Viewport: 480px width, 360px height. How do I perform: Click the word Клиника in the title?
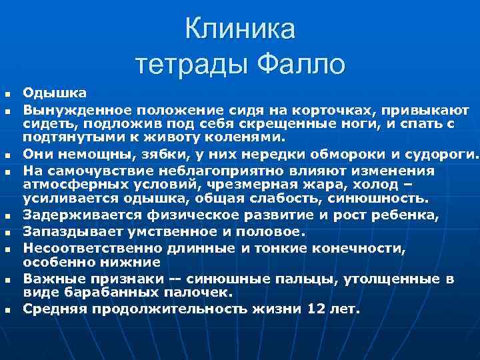[x=240, y=30]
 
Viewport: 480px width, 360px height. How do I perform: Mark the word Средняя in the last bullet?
[x=53, y=309]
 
